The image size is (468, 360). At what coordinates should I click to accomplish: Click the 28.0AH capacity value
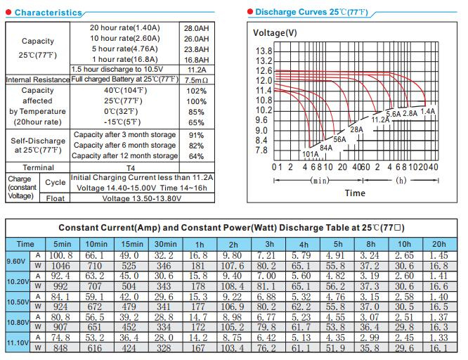click(196, 28)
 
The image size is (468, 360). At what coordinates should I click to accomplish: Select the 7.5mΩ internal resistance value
click(196, 80)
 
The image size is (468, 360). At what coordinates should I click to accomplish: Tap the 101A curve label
click(311, 154)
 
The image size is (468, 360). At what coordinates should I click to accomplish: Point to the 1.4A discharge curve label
click(428, 111)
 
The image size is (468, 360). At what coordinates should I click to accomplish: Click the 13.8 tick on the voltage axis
click(264, 51)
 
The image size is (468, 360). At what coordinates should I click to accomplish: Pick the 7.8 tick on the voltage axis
click(261, 150)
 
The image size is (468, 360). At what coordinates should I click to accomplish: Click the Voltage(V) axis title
click(275, 33)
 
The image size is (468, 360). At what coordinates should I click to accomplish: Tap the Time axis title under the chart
click(355, 193)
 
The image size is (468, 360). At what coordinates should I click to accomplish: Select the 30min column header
click(166, 244)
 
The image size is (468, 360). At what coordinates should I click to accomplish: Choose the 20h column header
click(439, 244)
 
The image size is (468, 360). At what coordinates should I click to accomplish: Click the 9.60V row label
click(16, 262)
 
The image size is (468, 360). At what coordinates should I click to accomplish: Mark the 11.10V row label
click(18, 342)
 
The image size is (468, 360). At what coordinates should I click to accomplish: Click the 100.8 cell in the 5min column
click(61, 255)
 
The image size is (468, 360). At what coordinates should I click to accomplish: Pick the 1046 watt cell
click(60, 266)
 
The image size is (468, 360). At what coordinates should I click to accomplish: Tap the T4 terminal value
click(131, 168)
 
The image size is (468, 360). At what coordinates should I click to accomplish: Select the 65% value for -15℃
click(196, 122)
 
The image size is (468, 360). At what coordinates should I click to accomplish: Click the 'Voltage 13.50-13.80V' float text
click(142, 199)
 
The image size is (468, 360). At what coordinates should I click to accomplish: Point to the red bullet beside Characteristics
click(8, 12)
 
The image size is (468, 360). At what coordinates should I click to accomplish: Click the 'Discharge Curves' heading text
click(291, 12)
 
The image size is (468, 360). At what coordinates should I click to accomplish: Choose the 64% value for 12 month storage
click(196, 156)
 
